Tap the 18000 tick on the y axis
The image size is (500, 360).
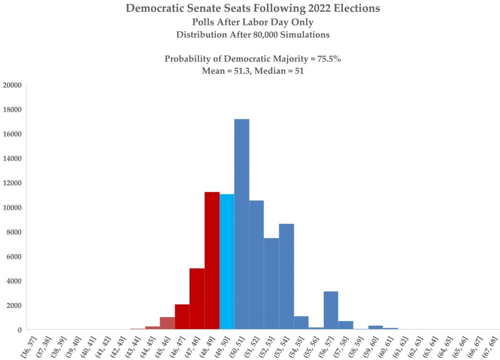(x=13, y=110)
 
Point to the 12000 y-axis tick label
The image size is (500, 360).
(x=13, y=183)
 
